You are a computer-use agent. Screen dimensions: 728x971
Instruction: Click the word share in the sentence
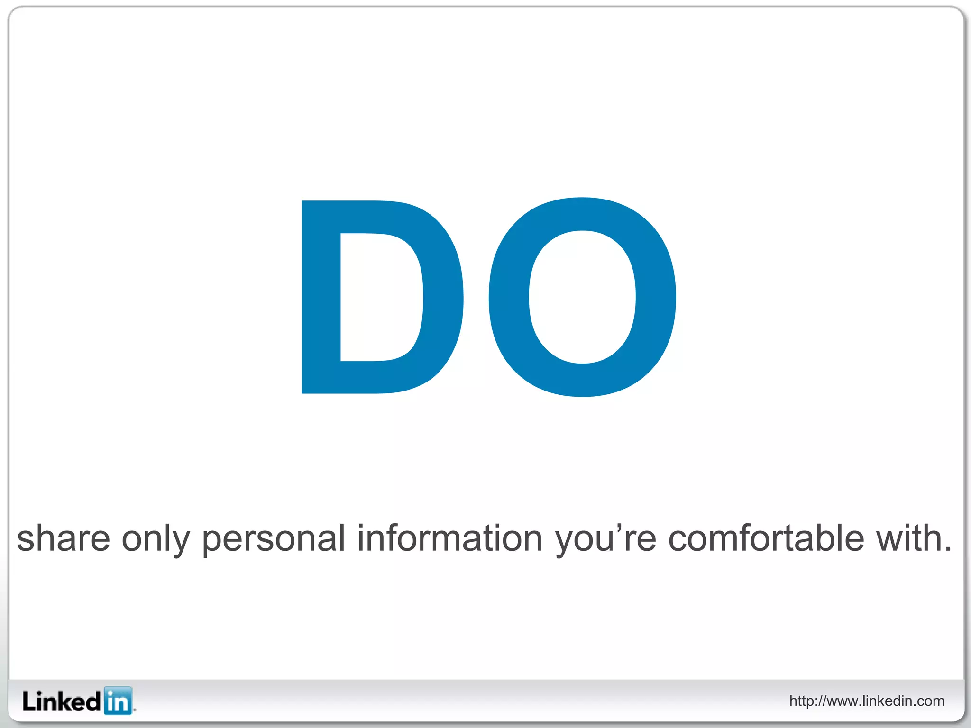[64, 538]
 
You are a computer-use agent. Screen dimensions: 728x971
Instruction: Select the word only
[156, 538]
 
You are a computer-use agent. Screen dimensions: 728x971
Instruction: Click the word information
[449, 538]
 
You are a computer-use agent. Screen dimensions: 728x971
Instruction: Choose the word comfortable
[766, 538]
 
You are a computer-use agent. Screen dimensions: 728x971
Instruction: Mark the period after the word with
[947, 550]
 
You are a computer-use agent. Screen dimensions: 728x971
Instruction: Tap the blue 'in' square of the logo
[118, 701]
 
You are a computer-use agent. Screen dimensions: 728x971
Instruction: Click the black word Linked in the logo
[62, 701]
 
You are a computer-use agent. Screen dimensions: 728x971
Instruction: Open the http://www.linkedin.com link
[867, 701]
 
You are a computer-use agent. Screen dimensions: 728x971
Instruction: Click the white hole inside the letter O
[582, 297]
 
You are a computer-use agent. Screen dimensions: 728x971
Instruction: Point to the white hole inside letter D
[379, 297]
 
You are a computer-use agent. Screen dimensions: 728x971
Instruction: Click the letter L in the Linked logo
[29, 701]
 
